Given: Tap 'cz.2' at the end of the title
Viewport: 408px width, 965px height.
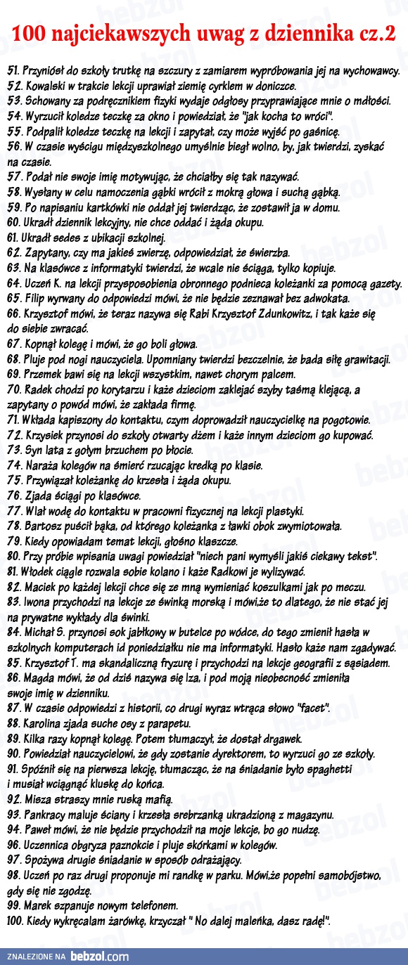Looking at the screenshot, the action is click(x=376, y=34).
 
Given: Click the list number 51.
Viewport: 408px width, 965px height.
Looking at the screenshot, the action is click(x=13, y=71).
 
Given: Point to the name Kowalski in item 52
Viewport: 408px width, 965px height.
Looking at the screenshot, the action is click(x=44, y=86).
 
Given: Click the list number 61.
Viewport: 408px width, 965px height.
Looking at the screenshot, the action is click(x=13, y=238).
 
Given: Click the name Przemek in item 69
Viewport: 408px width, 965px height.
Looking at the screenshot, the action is click(x=44, y=374).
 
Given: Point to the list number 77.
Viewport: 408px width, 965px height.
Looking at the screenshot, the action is click(x=14, y=510).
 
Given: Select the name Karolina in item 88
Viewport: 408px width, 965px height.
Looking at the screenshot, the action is click(x=46, y=723).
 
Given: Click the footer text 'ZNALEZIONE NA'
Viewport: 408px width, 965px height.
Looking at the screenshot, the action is click(x=37, y=957).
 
